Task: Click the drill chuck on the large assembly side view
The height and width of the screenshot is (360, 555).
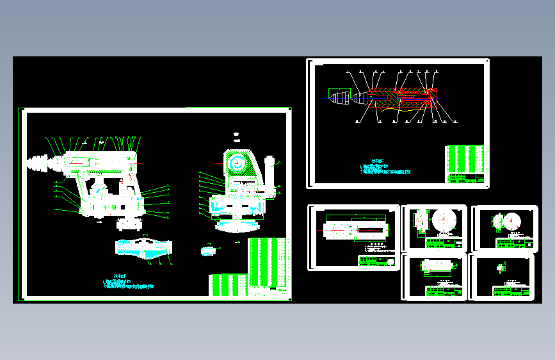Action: coord(40,164)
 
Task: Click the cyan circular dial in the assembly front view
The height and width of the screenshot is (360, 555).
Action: coord(237,163)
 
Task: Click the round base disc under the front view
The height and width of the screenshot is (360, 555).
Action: coord(237,225)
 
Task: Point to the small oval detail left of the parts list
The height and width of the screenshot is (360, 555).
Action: coord(207,250)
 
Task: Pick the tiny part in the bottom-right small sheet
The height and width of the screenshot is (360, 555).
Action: coord(502,266)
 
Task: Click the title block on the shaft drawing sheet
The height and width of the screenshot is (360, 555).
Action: coord(378,261)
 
